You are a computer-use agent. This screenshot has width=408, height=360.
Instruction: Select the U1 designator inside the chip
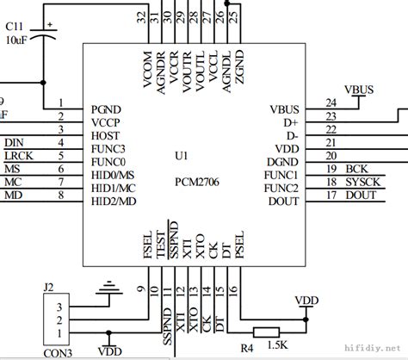pos(181,158)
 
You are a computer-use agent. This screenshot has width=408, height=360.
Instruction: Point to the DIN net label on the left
pos(15,142)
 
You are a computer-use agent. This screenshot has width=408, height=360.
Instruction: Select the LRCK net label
pos(19,156)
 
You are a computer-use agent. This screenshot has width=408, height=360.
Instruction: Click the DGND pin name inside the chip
pos(282,161)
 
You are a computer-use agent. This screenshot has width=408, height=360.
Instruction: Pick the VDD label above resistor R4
pos(306,300)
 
